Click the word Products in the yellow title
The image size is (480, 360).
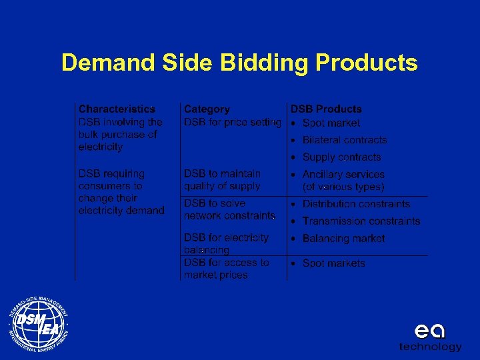click(367, 63)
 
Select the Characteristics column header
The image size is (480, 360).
click(117, 109)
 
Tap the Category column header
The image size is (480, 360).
click(207, 109)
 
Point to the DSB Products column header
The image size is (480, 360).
click(326, 109)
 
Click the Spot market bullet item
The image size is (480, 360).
click(331, 123)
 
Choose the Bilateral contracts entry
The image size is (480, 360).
click(344, 140)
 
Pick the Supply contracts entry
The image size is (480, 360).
click(341, 157)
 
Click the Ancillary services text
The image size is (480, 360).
click(343, 175)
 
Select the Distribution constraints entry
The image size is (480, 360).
click(356, 204)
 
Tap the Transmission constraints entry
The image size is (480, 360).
click(361, 221)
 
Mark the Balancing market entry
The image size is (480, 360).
click(343, 238)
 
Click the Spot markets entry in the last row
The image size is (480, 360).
click(333, 263)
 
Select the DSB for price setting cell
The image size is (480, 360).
click(232, 123)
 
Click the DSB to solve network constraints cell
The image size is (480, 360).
click(229, 209)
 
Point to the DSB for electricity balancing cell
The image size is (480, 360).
click(226, 243)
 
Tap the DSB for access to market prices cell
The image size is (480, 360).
click(226, 269)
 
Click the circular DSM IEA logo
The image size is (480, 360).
click(38, 323)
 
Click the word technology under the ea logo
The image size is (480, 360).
click(430, 347)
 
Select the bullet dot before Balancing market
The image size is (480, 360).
click(293, 239)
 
